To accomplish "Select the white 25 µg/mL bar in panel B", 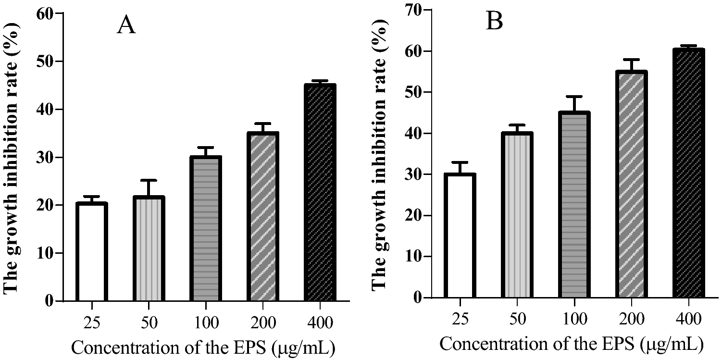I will pos(460,236).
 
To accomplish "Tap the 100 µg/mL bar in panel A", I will pos(205,229).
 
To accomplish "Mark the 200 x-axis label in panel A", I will pos(262,323).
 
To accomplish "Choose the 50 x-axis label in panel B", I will pos(518,319).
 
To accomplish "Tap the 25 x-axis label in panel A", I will pos(91,323).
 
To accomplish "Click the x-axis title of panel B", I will pos(572,344).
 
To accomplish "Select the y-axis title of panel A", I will pos(12,159).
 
